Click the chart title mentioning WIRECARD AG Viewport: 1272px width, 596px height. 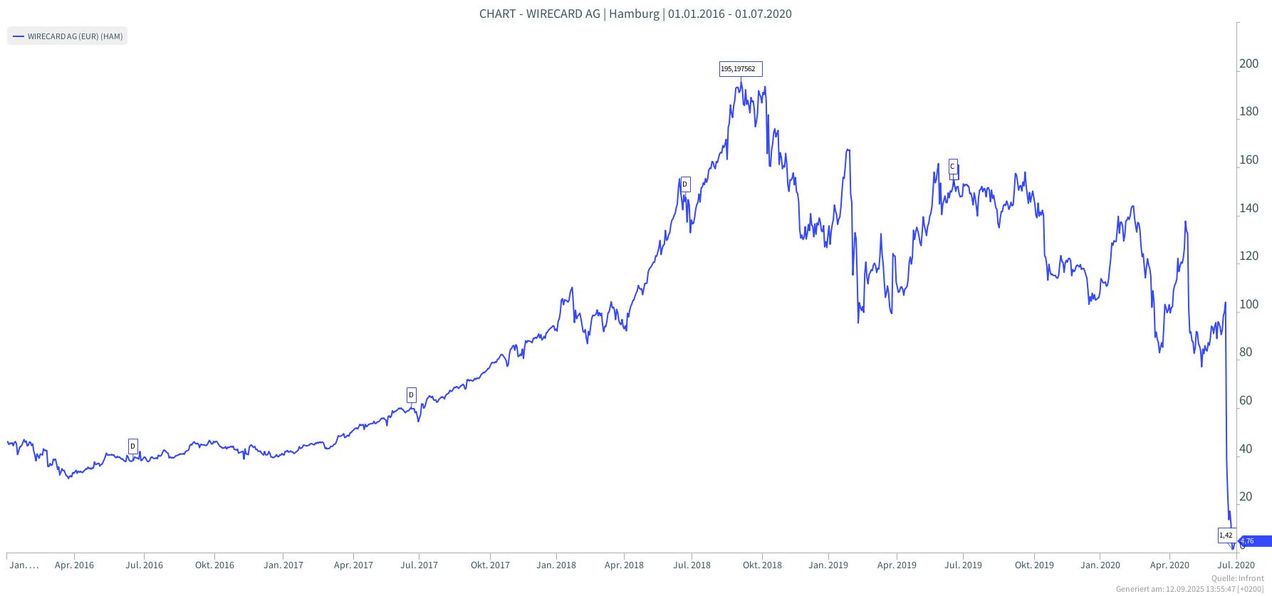(635, 14)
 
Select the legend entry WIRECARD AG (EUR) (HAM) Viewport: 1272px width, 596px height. (67, 36)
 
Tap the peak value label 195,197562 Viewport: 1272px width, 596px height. (741, 69)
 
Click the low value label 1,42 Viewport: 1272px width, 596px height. (1226, 535)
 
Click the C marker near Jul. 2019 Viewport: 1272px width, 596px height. (953, 167)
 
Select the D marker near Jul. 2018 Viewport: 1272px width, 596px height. (685, 184)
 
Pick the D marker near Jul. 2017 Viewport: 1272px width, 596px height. (411, 394)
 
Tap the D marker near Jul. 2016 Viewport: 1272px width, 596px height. (132, 446)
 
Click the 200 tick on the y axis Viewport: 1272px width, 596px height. (1249, 64)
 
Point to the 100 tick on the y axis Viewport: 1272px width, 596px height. (1249, 305)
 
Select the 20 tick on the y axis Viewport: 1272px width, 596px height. (1246, 497)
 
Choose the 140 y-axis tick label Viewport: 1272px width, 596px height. (1249, 209)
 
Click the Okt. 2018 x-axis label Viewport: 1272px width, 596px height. (761, 565)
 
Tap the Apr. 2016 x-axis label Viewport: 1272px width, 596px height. (74, 565)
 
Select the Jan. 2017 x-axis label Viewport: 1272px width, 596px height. (283, 565)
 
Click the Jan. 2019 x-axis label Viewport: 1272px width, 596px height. (828, 565)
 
